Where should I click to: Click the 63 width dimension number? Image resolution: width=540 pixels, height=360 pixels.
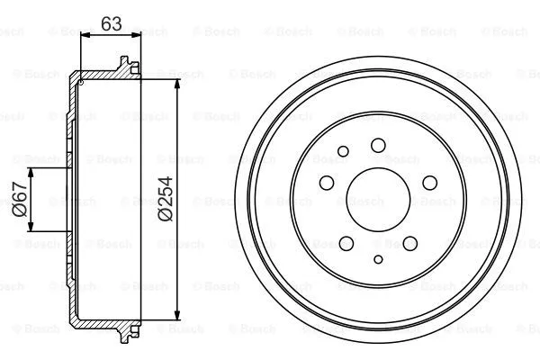[x=111, y=23]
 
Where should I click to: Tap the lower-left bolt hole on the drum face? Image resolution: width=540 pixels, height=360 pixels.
[x=345, y=242]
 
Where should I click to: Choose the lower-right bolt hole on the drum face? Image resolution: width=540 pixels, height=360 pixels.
[x=409, y=242]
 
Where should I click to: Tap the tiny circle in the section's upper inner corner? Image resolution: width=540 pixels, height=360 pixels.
[x=82, y=82]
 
